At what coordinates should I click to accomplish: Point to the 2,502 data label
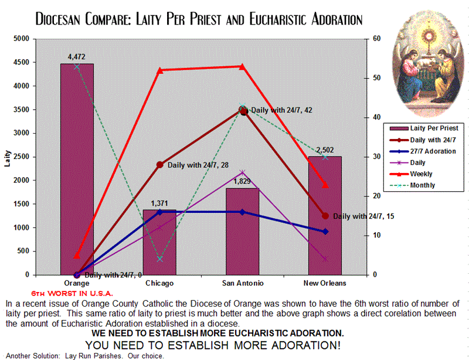coord(325,150)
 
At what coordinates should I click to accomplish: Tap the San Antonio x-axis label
coord(242,283)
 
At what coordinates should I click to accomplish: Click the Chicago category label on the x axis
coord(159,283)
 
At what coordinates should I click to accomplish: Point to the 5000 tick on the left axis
coord(21,39)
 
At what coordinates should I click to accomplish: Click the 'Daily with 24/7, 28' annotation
coord(198,165)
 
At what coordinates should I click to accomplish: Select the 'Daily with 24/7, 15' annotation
coord(363,216)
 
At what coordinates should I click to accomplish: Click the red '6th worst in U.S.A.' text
coord(72,292)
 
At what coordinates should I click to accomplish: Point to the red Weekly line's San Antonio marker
coord(242,66)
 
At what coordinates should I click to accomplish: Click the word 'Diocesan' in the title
coord(64,19)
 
